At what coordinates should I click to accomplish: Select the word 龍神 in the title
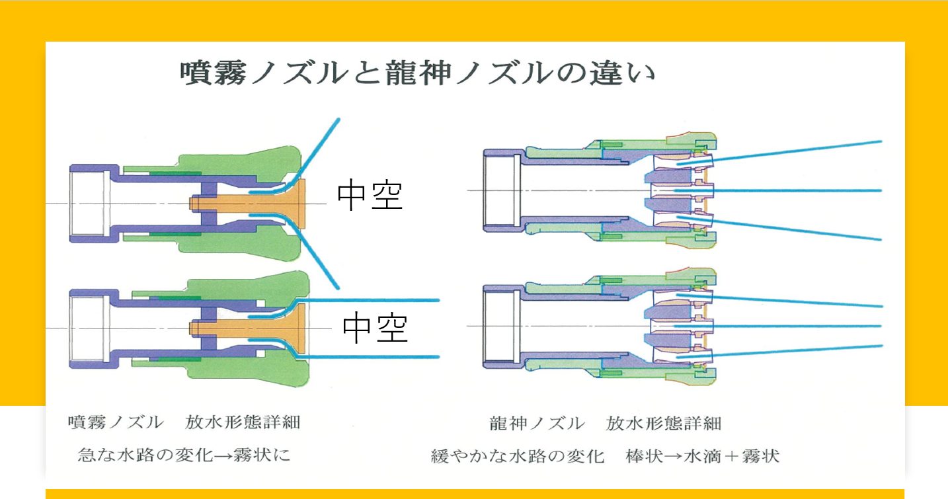tap(418, 73)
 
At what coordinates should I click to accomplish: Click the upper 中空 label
tap(370, 195)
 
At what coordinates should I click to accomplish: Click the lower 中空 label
tap(375, 327)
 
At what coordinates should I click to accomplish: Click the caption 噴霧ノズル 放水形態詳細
tap(184, 422)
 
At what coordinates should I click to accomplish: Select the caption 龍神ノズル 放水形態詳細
tap(605, 423)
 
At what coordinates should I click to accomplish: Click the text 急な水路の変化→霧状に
tap(184, 455)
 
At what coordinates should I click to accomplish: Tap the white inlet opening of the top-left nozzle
tap(88, 204)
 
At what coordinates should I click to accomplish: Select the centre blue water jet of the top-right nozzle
tap(778, 190)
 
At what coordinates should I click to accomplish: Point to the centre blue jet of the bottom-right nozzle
tap(778, 326)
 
